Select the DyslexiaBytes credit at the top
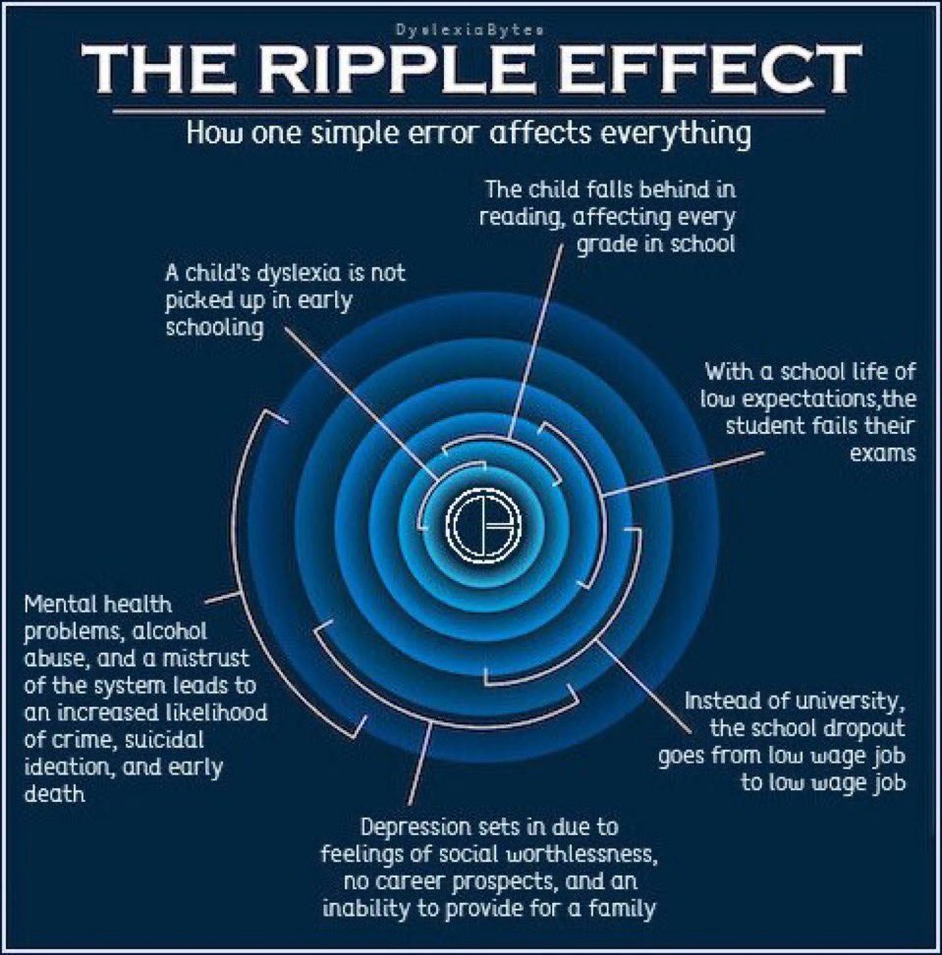(470, 29)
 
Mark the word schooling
(214, 327)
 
